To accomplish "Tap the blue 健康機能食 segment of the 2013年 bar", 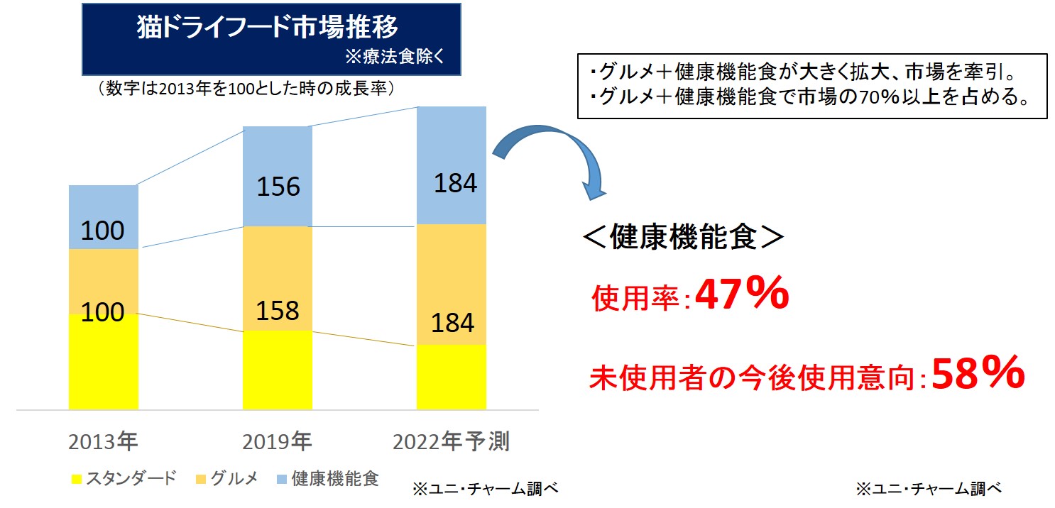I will click(x=103, y=206).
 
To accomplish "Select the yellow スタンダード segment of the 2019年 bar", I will click(x=277, y=370).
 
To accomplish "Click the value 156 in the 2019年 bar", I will click(x=278, y=187).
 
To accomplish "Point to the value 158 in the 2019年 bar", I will click(x=278, y=310).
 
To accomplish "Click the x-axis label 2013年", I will click(x=103, y=443).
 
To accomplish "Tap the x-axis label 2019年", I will click(x=277, y=443).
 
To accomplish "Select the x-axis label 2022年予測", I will click(x=451, y=443).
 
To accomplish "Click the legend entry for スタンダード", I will click(x=124, y=478).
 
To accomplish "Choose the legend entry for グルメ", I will click(x=226, y=478).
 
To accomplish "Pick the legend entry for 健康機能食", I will click(x=326, y=478).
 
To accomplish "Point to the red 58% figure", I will click(x=978, y=373).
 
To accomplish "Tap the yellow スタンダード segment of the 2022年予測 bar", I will click(x=451, y=377).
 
